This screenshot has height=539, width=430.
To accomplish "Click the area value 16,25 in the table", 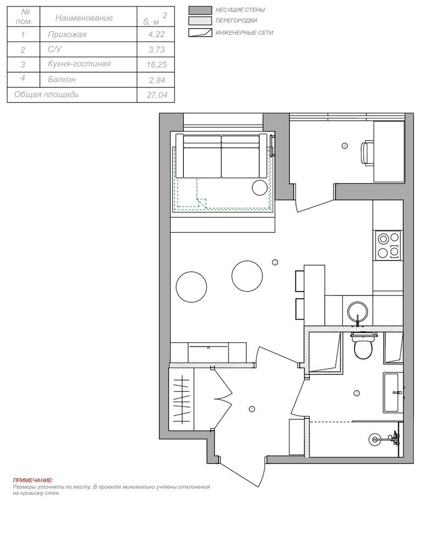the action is (156, 65).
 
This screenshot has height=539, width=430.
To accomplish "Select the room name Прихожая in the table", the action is (67, 34).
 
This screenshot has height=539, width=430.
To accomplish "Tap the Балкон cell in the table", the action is (62, 79).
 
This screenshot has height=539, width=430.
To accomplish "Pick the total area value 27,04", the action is (157, 95).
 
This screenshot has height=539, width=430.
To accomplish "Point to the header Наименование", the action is (84, 18).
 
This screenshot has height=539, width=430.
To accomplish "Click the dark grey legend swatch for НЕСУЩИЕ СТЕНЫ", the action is (200, 10).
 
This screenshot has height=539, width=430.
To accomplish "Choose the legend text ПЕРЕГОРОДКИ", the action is (236, 20).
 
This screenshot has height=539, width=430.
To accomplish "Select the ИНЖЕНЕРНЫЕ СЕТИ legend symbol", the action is (200, 33).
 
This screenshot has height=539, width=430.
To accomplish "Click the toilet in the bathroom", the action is (363, 346).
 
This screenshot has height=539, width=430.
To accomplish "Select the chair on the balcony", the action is (367, 152).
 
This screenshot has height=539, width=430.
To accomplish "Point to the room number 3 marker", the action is (275, 262).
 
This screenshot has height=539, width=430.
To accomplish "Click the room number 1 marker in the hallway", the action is (252, 409).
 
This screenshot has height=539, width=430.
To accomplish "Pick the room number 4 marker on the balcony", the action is (345, 146).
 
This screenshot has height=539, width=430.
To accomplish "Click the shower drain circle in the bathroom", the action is (374, 439).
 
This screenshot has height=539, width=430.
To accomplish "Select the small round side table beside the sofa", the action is (260, 188).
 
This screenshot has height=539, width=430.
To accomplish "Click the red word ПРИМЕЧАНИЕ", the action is (33, 480).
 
